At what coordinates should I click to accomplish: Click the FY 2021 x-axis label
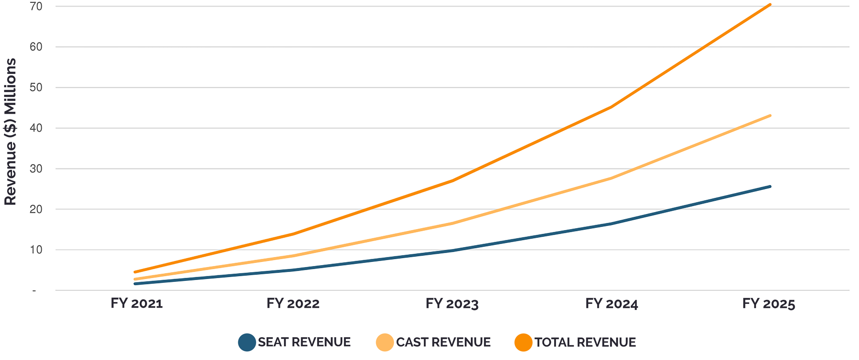pyautogui.click(x=137, y=304)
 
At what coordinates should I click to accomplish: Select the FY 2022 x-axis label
pyautogui.click(x=293, y=304)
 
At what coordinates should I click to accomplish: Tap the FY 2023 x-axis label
pyautogui.click(x=452, y=304)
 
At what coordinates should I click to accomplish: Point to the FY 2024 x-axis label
pyautogui.click(x=612, y=304)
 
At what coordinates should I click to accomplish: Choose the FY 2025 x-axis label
pyautogui.click(x=768, y=304)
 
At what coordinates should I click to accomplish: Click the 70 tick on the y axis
pyautogui.click(x=36, y=6)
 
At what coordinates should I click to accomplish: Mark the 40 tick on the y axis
pyautogui.click(x=36, y=128)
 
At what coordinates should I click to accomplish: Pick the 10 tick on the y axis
pyautogui.click(x=36, y=250)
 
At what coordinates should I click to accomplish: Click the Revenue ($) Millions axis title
pyautogui.click(x=11, y=132)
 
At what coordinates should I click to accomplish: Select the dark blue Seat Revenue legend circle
pyautogui.click(x=247, y=342)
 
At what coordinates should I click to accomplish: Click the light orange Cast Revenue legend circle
pyautogui.click(x=385, y=342)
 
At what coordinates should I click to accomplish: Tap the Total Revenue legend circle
pyautogui.click(x=523, y=342)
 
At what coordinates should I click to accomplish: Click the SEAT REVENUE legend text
pyautogui.click(x=304, y=342)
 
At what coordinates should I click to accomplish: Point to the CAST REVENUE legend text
pyautogui.click(x=443, y=342)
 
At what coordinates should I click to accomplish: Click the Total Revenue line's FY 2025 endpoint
pyautogui.click(x=770, y=5)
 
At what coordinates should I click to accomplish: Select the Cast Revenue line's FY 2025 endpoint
pyautogui.click(x=770, y=116)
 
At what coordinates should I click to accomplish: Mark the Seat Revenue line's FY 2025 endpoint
pyautogui.click(x=770, y=186)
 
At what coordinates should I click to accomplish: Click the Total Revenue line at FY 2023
pyautogui.click(x=453, y=181)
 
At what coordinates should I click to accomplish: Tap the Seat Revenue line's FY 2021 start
pyautogui.click(x=135, y=284)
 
